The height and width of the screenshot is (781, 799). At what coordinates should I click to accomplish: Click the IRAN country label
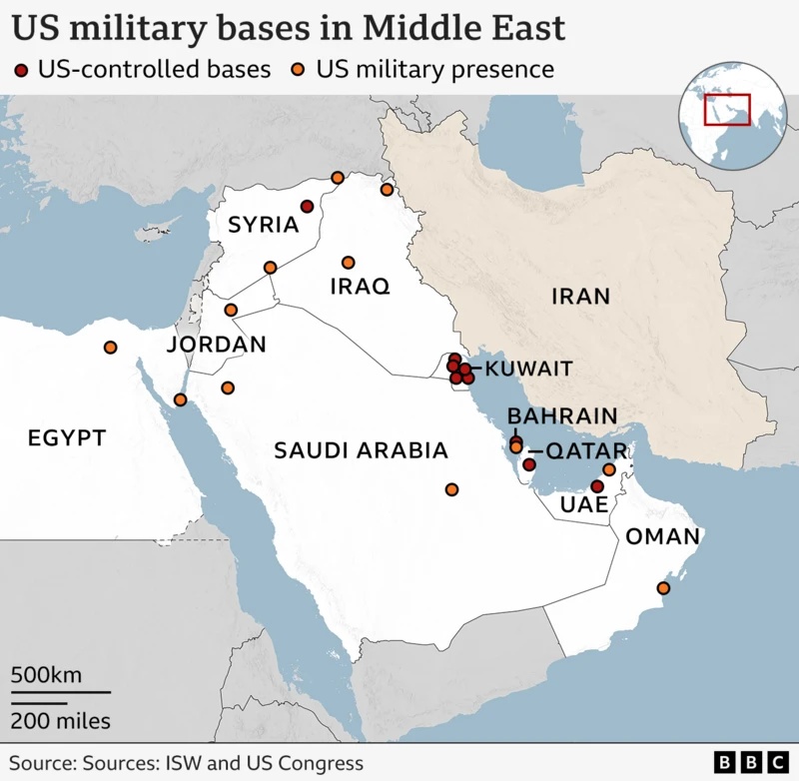pyautogui.click(x=579, y=296)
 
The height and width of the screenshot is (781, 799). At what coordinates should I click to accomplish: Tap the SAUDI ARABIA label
pyautogui.click(x=361, y=450)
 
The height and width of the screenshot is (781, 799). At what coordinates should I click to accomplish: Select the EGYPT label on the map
pyautogui.click(x=66, y=437)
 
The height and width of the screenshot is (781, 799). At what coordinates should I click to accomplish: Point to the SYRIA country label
pyautogui.click(x=264, y=225)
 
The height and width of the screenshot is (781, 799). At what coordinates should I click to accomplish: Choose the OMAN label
pyautogui.click(x=662, y=537)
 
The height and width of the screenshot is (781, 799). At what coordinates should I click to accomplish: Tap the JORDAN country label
pyautogui.click(x=216, y=345)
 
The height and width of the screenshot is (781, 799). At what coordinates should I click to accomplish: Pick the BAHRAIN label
pyautogui.click(x=562, y=415)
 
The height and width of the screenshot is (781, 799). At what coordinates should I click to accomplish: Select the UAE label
pyautogui.click(x=583, y=506)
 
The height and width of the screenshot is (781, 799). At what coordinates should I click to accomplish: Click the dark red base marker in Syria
pyautogui.click(x=308, y=207)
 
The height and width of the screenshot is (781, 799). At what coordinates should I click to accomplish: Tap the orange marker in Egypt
pyautogui.click(x=110, y=348)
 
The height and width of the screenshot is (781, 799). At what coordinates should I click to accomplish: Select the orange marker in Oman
pyautogui.click(x=663, y=588)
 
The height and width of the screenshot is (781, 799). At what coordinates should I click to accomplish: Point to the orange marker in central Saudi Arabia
pyautogui.click(x=451, y=489)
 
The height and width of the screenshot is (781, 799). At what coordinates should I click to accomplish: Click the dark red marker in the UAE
pyautogui.click(x=597, y=486)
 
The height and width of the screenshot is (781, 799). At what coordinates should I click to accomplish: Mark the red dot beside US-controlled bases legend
pyautogui.click(x=22, y=70)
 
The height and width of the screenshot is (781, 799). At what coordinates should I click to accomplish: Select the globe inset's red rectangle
pyautogui.click(x=726, y=109)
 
